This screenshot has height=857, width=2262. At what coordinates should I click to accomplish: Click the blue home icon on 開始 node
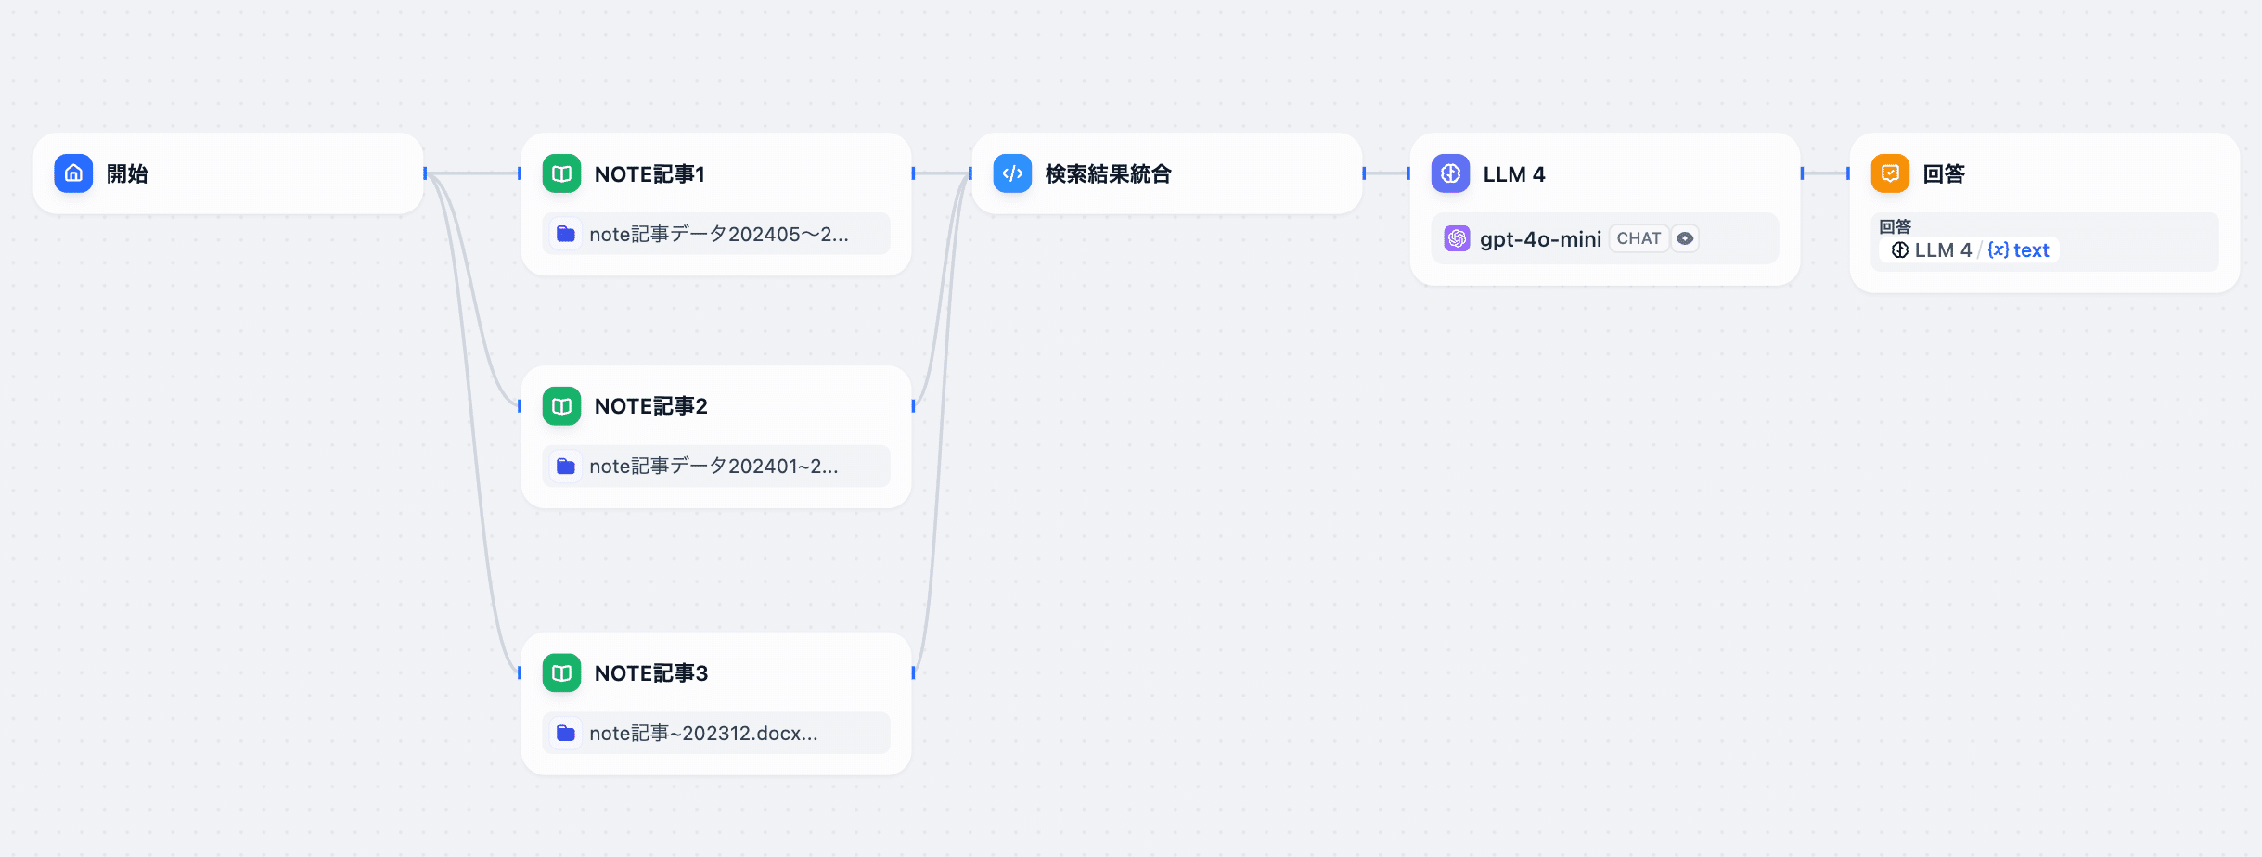tap(73, 173)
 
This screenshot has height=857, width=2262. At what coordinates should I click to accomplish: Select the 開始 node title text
tap(127, 174)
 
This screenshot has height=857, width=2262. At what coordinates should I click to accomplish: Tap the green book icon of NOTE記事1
tap(561, 173)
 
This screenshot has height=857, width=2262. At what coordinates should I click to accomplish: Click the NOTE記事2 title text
tap(650, 406)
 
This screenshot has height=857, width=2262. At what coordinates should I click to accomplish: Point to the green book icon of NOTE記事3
tap(561, 672)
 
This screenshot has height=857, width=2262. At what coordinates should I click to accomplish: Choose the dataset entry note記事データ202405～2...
tap(718, 234)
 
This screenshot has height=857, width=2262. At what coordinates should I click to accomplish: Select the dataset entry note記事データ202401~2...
tap(713, 466)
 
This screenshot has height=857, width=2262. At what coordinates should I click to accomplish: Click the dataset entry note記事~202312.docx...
tap(702, 733)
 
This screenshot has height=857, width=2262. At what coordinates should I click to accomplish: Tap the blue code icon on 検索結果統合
tap(1012, 173)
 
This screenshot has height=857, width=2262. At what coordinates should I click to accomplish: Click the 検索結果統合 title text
tap(1108, 174)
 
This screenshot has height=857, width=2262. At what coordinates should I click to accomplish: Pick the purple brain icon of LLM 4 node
tap(1450, 173)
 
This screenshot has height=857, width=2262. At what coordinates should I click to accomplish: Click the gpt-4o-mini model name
tap(1540, 239)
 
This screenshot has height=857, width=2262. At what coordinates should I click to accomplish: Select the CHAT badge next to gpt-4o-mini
tap(1639, 238)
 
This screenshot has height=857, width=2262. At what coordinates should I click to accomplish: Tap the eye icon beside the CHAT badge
tap(1685, 238)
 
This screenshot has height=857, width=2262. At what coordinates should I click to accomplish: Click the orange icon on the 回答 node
tap(1890, 173)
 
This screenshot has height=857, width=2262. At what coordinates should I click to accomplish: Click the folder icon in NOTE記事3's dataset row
tap(565, 733)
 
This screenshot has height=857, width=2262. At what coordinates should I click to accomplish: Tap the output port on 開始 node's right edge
tap(425, 173)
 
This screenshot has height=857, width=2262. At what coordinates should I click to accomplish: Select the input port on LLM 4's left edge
tap(1408, 173)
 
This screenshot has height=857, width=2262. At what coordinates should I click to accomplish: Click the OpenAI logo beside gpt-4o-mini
tap(1457, 238)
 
